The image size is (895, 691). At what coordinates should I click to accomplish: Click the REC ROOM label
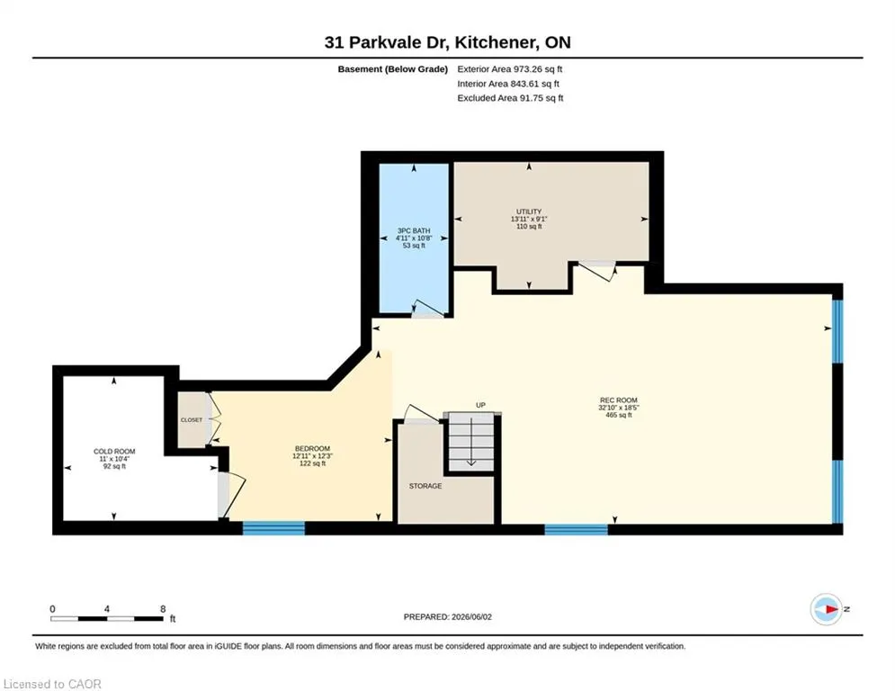618,400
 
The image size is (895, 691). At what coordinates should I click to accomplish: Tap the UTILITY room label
529,211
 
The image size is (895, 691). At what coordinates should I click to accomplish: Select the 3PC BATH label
414,230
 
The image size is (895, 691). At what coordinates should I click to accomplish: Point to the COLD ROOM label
114,451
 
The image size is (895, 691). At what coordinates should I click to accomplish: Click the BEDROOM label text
312,448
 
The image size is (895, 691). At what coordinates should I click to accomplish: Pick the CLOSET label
192,420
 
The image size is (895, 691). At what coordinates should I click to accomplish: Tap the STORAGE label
425,486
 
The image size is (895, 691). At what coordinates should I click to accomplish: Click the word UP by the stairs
480,405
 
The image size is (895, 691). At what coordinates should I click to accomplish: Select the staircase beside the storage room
471,442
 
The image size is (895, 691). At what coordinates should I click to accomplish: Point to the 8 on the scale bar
163,609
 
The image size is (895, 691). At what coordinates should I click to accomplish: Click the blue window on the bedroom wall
273,528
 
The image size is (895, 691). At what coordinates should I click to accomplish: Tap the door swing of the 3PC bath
428,309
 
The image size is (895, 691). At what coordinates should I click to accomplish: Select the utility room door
597,271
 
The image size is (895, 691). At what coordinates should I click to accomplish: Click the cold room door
231,496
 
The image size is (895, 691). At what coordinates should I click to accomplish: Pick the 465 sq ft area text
618,415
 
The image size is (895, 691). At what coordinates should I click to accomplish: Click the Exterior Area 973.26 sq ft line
510,69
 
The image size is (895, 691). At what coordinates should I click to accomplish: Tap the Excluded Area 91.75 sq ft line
510,98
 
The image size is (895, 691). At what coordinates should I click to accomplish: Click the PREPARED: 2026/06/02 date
448,616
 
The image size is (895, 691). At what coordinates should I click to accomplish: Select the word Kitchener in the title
496,42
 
